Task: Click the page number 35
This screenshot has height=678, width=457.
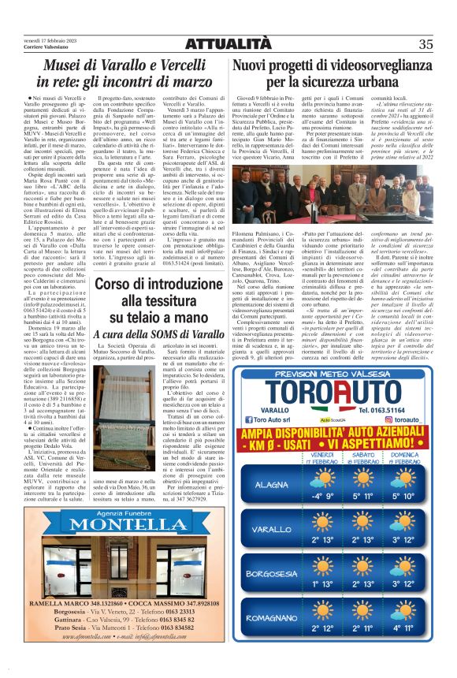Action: [425, 43]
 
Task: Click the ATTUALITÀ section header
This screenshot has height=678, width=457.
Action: [228, 43]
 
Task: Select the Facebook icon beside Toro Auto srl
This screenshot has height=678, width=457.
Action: [256, 421]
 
